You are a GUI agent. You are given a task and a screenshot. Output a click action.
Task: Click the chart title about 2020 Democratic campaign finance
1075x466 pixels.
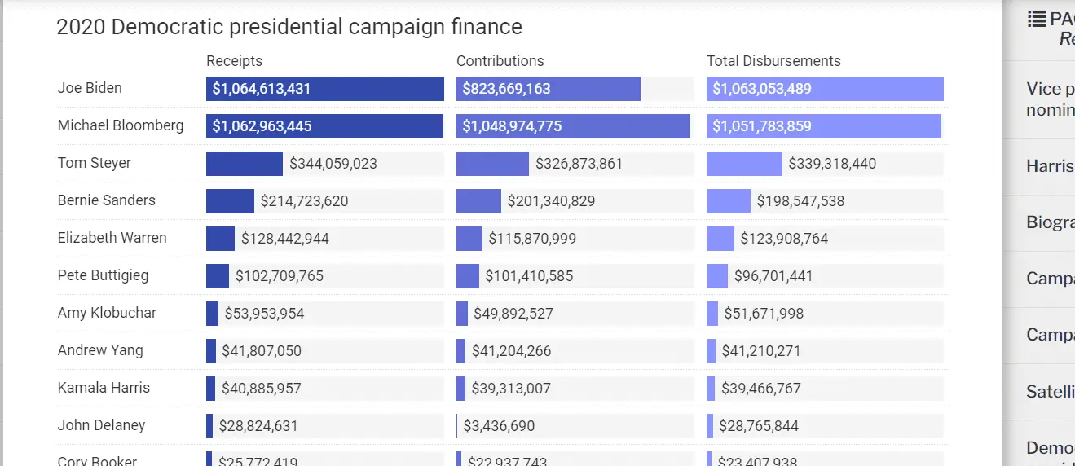point(289,27)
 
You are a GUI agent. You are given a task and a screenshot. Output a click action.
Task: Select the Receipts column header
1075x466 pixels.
point(234,61)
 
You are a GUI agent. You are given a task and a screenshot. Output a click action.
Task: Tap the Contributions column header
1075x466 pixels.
point(500,61)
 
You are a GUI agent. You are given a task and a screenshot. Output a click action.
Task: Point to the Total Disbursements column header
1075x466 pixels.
point(773,61)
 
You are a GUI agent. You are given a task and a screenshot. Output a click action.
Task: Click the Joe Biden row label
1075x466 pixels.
point(90,88)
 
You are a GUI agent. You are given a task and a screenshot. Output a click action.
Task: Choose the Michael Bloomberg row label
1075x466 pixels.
point(121,125)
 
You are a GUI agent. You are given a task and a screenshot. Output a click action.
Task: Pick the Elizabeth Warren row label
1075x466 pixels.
point(112,238)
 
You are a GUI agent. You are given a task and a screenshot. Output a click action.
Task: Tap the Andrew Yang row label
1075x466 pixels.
point(100,350)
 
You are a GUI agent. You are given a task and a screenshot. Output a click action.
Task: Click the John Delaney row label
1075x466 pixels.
point(101,425)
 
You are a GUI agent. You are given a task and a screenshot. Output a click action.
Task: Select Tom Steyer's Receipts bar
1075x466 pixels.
point(244,164)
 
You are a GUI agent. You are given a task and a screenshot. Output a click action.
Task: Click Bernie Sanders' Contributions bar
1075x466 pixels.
point(478,201)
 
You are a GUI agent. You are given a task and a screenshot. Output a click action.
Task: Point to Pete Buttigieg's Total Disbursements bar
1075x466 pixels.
point(716,276)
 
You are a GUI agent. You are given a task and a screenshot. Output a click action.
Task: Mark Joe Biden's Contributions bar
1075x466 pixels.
point(548,89)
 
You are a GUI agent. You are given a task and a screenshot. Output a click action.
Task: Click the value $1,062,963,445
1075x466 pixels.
point(262,126)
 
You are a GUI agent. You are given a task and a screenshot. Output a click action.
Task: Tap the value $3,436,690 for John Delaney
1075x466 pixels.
point(499,426)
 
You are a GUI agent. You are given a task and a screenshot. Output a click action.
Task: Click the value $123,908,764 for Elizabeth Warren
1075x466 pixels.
point(784,239)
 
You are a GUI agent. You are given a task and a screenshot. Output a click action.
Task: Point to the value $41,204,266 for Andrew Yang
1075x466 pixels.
point(511,351)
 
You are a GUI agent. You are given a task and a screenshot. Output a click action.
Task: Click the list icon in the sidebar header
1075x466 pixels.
point(1037,19)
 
